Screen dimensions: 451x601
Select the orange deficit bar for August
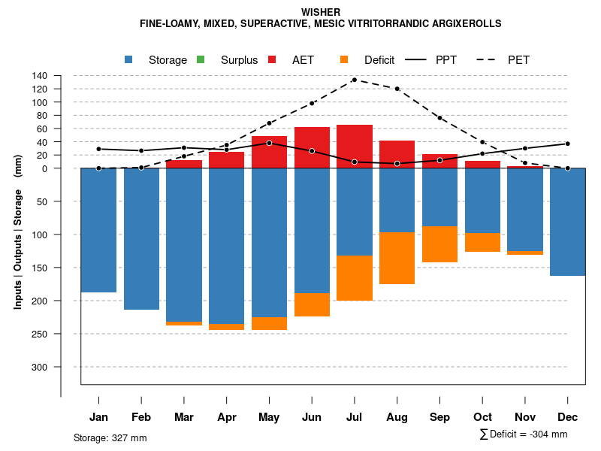(x=397, y=258)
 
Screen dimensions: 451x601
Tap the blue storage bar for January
(x=98, y=230)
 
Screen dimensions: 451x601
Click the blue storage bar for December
(x=567, y=222)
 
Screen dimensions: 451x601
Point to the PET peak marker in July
(x=355, y=80)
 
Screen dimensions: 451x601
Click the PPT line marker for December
(x=567, y=144)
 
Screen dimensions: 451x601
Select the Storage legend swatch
(x=129, y=59)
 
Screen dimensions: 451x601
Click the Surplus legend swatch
(x=200, y=59)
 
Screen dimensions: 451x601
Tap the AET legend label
(x=303, y=60)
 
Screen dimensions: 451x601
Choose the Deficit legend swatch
(x=345, y=59)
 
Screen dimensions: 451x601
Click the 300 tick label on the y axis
(x=40, y=367)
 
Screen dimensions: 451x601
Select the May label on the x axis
(x=269, y=417)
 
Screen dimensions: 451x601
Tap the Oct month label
(x=482, y=417)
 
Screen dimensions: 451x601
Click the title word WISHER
(x=321, y=12)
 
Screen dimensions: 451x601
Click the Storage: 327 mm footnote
(x=110, y=437)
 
